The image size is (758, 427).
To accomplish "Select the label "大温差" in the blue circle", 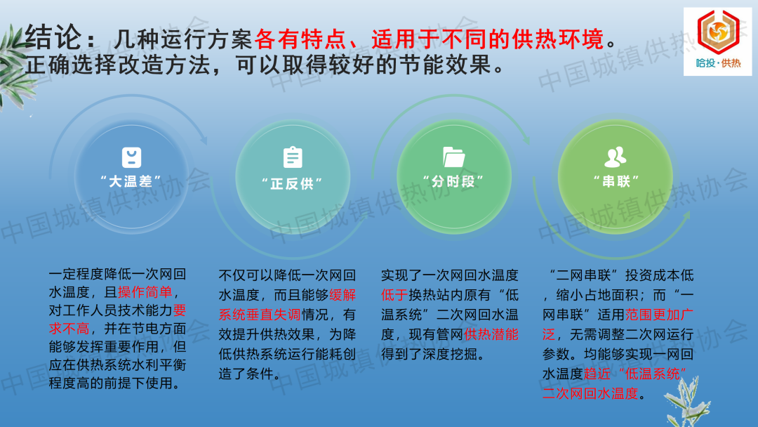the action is (x=131, y=182).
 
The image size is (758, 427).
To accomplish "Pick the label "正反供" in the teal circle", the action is (x=292, y=184).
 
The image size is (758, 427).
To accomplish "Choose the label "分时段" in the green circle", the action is (x=453, y=182).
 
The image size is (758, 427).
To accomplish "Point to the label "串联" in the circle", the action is (x=616, y=182).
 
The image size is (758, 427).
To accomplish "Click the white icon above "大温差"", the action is (x=131, y=157).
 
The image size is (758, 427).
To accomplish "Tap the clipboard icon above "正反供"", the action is (x=293, y=157).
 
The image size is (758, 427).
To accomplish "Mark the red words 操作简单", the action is (x=145, y=292).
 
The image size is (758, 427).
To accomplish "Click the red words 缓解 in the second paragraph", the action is (x=343, y=295).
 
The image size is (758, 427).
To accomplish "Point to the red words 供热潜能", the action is (x=491, y=334).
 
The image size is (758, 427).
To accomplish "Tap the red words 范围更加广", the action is (x=659, y=315).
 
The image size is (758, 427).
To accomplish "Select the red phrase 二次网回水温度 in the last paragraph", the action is (x=590, y=393).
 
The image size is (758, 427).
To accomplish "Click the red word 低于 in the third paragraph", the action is (x=394, y=295).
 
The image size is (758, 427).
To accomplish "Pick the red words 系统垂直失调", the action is (x=260, y=315).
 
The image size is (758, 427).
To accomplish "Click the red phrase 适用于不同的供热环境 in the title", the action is (x=487, y=39).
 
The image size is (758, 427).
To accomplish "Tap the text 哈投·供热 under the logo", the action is (x=718, y=63).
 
